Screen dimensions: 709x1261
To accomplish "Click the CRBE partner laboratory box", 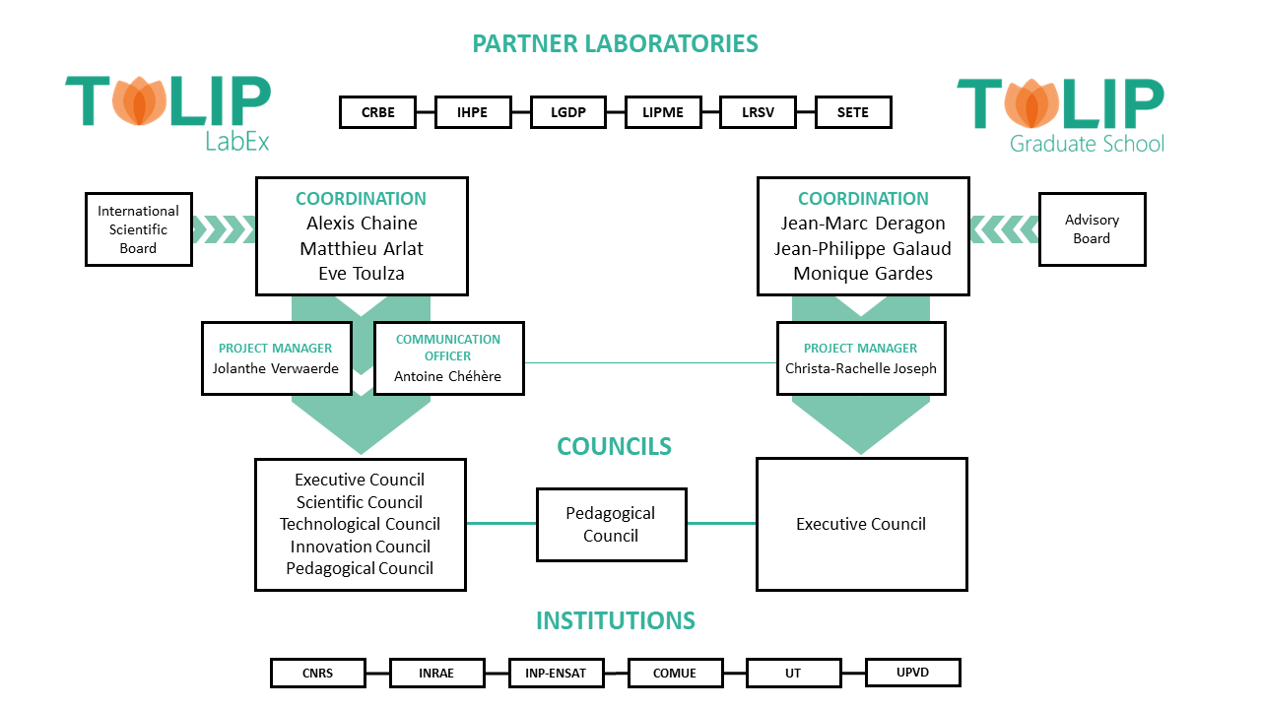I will [377, 112].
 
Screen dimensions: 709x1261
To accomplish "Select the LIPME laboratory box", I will [663, 112].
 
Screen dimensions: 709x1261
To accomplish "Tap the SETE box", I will [853, 112].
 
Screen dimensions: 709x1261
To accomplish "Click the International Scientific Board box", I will [138, 229].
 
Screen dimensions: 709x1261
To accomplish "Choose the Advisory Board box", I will [1092, 229].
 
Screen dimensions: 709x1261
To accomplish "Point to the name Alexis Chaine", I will [362, 224].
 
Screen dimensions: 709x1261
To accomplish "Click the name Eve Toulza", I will [362, 274].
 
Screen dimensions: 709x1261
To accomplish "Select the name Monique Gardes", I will [863, 274].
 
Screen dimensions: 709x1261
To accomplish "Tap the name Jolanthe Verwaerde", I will [276, 368].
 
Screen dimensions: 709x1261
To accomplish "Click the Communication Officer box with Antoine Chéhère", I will [448, 358].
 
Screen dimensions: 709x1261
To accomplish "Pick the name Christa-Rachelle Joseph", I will [861, 368].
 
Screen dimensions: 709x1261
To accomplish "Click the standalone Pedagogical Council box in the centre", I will [611, 524].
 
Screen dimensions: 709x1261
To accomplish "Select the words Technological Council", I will [360, 524].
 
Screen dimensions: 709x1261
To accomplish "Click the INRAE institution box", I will [436, 674].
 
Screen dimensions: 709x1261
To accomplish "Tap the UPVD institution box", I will [912, 673].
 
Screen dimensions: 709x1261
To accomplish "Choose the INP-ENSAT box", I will [556, 674].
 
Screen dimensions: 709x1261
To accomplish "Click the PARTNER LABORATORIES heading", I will [615, 43].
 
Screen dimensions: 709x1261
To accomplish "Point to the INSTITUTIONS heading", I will [616, 620].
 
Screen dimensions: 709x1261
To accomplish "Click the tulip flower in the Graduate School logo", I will [1031, 103].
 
